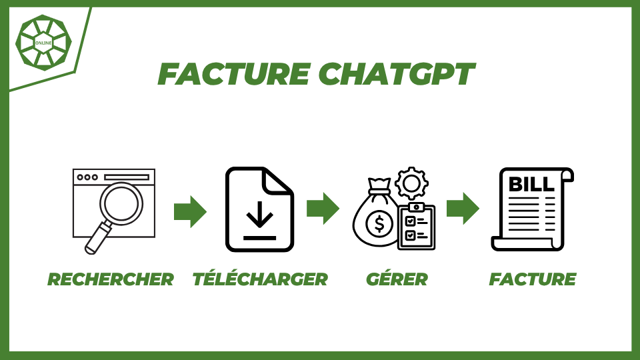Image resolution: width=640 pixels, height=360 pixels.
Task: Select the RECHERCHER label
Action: pos(111,279)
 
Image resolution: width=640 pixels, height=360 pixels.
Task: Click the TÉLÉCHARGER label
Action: pos(260,279)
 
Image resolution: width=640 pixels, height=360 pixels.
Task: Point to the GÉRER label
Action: pos(397,279)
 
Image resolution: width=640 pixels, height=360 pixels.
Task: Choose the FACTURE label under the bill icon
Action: pos(532,279)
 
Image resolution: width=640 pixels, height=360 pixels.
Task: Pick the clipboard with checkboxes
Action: pos(416,227)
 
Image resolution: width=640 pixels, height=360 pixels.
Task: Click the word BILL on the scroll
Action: pos(531,183)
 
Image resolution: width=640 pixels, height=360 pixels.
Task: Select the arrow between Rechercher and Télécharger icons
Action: pos(190,211)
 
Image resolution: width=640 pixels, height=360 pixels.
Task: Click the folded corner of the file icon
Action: pos(279,181)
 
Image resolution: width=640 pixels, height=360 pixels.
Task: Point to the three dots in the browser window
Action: pos(87,177)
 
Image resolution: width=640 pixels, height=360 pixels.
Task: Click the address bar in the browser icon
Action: pos(126,177)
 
